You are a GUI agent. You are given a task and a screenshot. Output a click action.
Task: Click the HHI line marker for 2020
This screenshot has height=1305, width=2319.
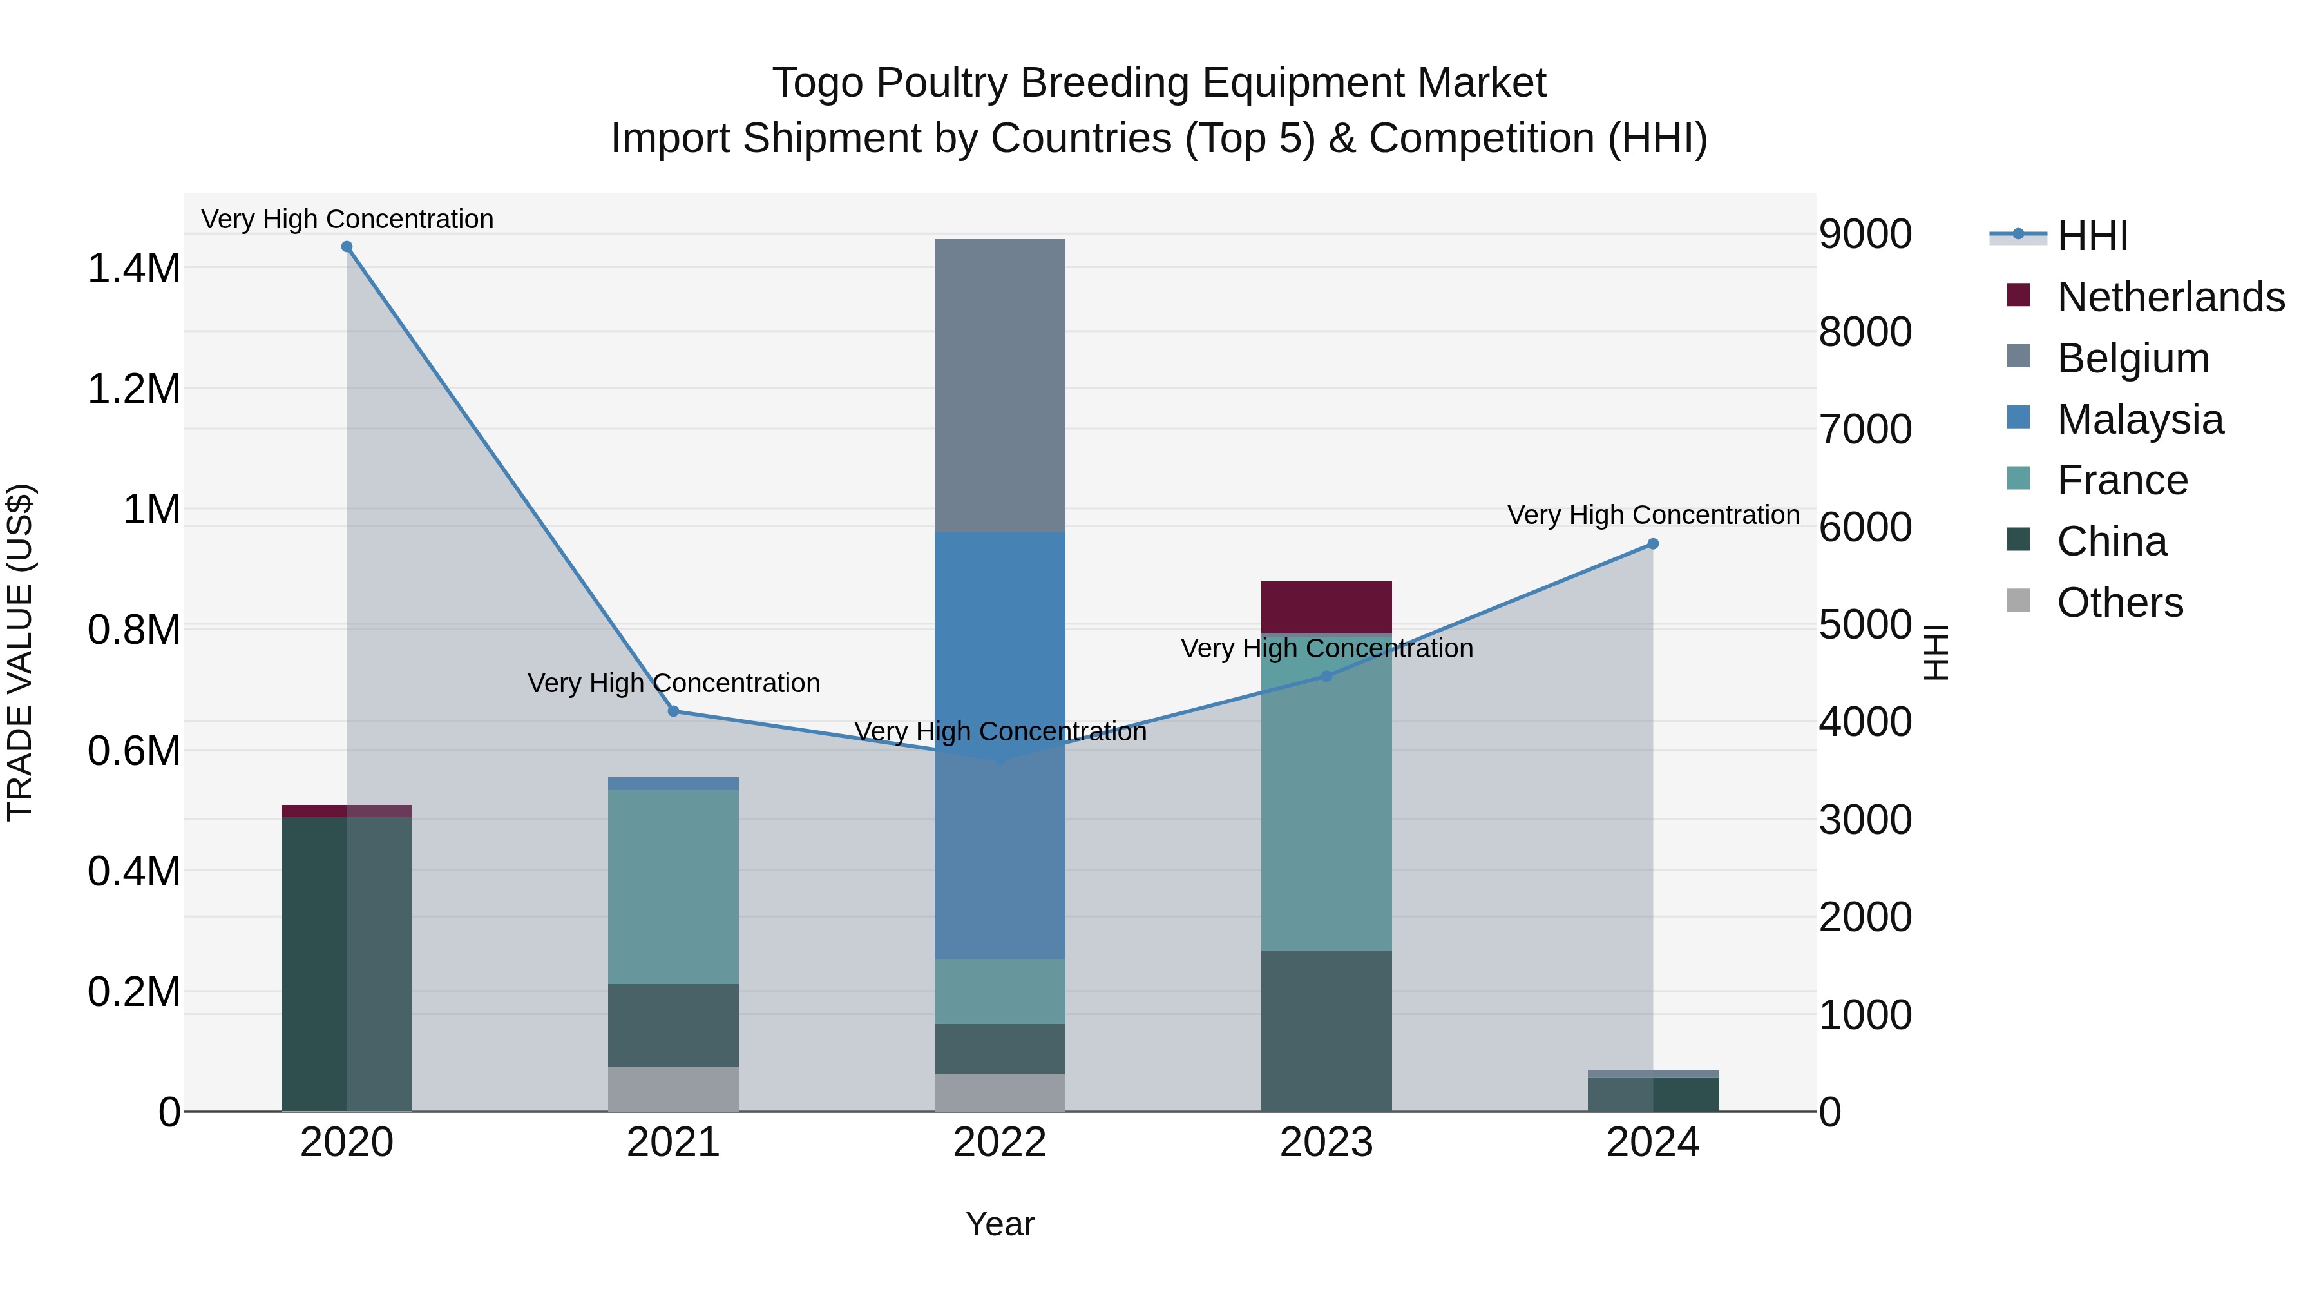click(x=347, y=247)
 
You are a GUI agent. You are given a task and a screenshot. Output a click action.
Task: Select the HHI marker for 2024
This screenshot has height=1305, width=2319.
click(x=1653, y=544)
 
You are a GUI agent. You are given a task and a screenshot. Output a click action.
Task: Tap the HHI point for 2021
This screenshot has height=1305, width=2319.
click(x=673, y=711)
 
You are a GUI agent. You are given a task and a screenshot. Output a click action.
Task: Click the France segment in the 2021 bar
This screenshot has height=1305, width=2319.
click(x=673, y=887)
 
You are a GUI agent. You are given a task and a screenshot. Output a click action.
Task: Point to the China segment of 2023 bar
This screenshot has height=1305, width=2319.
click(x=1326, y=1030)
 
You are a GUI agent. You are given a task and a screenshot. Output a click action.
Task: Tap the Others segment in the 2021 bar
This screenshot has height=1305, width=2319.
click(x=673, y=1089)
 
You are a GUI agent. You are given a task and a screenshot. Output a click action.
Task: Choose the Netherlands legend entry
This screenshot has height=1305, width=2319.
click(x=2170, y=297)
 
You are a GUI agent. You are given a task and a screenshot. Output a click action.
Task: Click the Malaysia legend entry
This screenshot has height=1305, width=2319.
click(x=2140, y=420)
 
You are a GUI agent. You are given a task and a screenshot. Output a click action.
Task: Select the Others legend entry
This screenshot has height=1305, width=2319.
click(x=2120, y=603)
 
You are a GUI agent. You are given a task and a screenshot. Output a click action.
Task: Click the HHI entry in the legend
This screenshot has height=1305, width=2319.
click(x=2092, y=236)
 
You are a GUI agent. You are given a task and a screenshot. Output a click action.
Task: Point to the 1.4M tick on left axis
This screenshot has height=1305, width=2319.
click(x=133, y=268)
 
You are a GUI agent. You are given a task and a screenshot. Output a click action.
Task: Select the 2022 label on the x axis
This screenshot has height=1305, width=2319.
click(x=999, y=1143)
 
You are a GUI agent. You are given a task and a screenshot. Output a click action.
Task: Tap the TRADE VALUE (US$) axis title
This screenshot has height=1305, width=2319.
click(x=21, y=652)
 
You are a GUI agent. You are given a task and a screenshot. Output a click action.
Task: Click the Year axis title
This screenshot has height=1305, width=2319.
click(x=999, y=1224)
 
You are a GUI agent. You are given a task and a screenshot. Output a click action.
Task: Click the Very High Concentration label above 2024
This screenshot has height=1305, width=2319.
click(x=1653, y=515)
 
